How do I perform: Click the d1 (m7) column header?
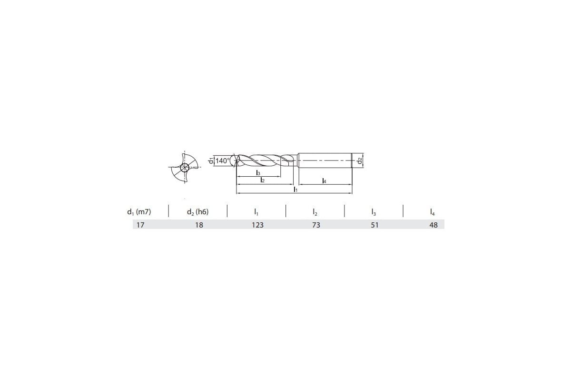(139, 212)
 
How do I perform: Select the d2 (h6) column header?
(197, 212)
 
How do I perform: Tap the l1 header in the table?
(256, 212)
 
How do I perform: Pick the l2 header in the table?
(315, 212)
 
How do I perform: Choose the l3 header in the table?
(374, 212)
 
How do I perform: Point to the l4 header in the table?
(433, 212)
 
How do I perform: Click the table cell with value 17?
(140, 225)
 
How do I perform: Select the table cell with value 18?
(199, 225)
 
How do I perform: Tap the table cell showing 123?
(258, 225)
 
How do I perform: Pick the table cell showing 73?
(316, 225)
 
